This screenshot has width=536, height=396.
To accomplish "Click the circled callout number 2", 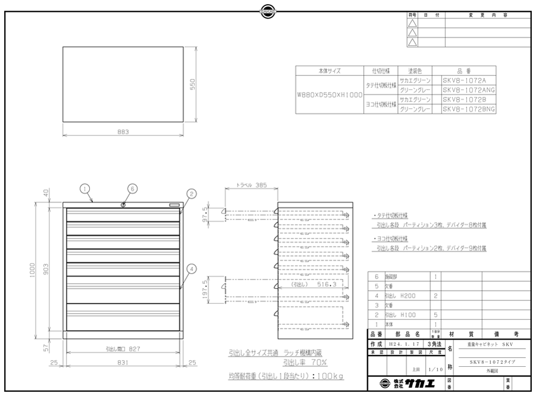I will click(x=191, y=193).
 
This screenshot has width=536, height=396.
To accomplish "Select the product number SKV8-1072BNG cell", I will click(x=469, y=109).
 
